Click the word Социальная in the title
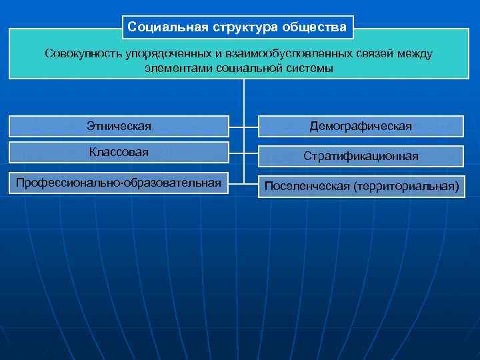tap(167, 27)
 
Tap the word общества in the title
tap(315, 27)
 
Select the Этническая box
tap(119, 126)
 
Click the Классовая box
tap(119, 153)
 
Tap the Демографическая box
tap(361, 126)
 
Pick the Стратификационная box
tap(361, 156)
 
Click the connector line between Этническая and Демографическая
tap(244, 126)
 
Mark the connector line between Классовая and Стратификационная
tap(244, 154)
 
